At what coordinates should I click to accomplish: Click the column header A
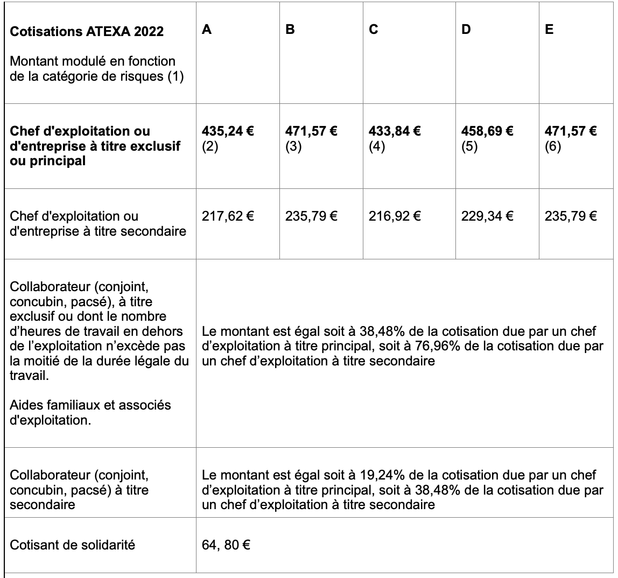pos(207,30)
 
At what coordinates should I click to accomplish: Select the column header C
pos(373,30)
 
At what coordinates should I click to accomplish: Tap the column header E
pos(549,30)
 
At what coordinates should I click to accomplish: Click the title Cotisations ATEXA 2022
pos(87,31)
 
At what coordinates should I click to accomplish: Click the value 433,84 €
pos(395,131)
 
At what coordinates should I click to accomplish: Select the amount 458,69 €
pos(487,131)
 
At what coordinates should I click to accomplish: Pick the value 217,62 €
pos(228,216)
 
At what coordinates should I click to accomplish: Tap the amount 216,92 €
pos(395,216)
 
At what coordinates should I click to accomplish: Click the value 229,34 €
pos(487,216)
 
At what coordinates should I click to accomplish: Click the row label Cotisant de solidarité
pos(73,545)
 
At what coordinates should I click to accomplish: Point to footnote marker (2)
pos(210,146)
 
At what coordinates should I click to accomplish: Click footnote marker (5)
pos(469,146)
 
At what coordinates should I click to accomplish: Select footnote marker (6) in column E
pos(553,146)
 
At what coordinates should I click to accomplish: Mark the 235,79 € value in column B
pos(311,216)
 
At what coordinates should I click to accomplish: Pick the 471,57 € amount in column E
pos(571,131)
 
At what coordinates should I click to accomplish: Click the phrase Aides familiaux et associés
pos(90,405)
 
